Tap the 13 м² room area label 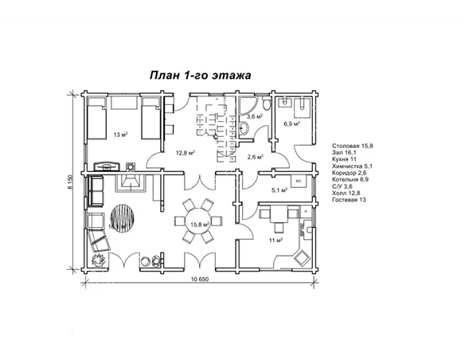tap(121, 135)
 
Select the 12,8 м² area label tap(185, 152)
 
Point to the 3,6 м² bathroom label tap(255, 116)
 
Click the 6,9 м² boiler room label tap(291, 124)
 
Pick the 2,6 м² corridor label tap(256, 157)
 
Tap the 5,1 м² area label tap(279, 190)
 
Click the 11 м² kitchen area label tap(275, 240)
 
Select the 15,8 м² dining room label tap(199, 225)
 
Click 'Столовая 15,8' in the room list tap(353, 147)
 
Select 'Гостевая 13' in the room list tap(350, 199)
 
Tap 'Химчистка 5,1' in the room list tap(354, 166)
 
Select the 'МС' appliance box tap(298, 181)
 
